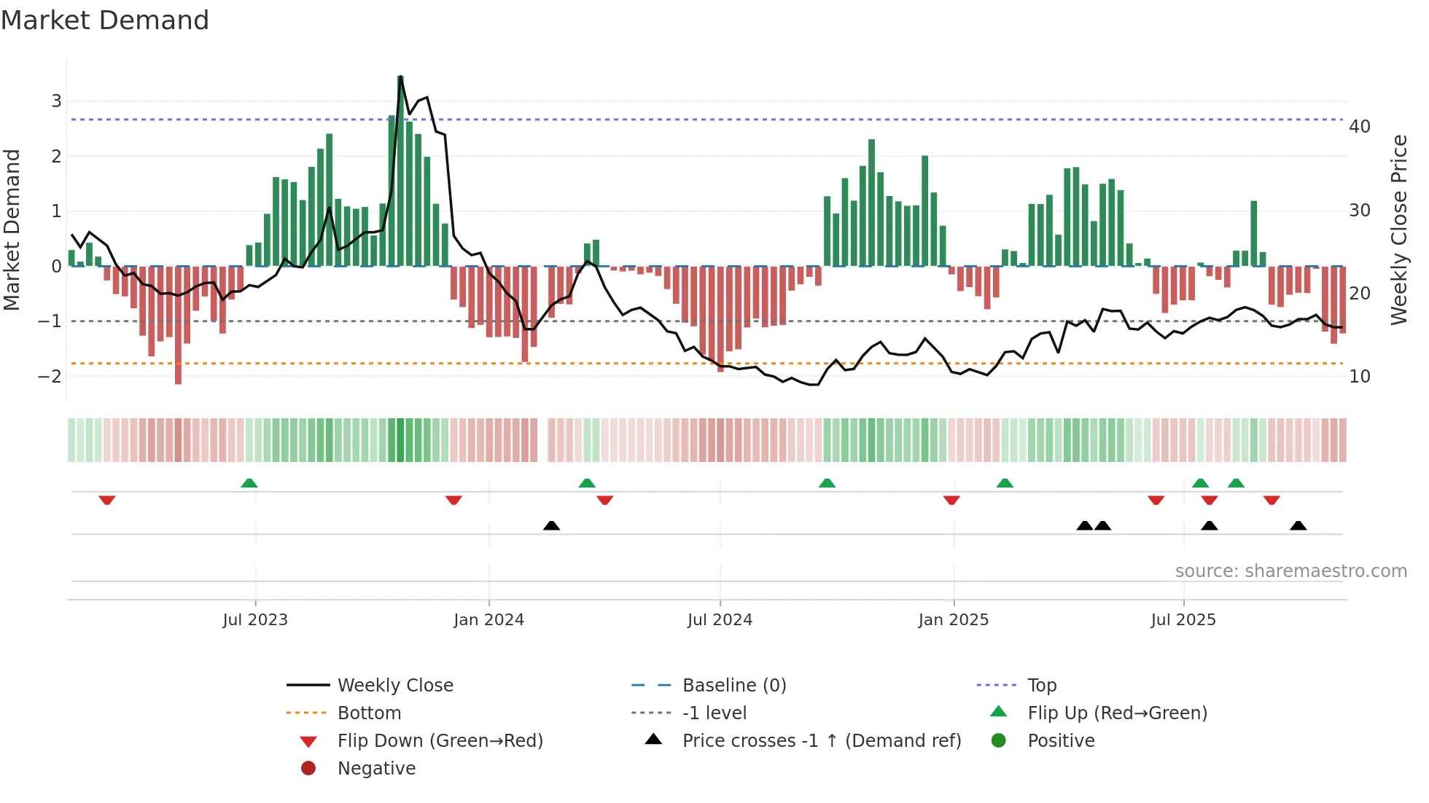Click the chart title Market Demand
(x=105, y=20)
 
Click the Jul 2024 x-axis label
(x=720, y=620)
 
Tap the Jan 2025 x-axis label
(x=953, y=620)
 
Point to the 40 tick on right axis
(x=1360, y=127)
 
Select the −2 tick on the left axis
(x=50, y=377)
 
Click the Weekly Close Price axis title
(x=1398, y=230)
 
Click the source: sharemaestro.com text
(x=1290, y=571)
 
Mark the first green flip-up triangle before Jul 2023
(x=249, y=483)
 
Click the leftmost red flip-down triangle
(x=107, y=500)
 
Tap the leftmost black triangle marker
(x=551, y=525)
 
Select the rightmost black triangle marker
(x=1298, y=525)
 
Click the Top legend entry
(x=1041, y=686)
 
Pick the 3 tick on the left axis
(x=56, y=101)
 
